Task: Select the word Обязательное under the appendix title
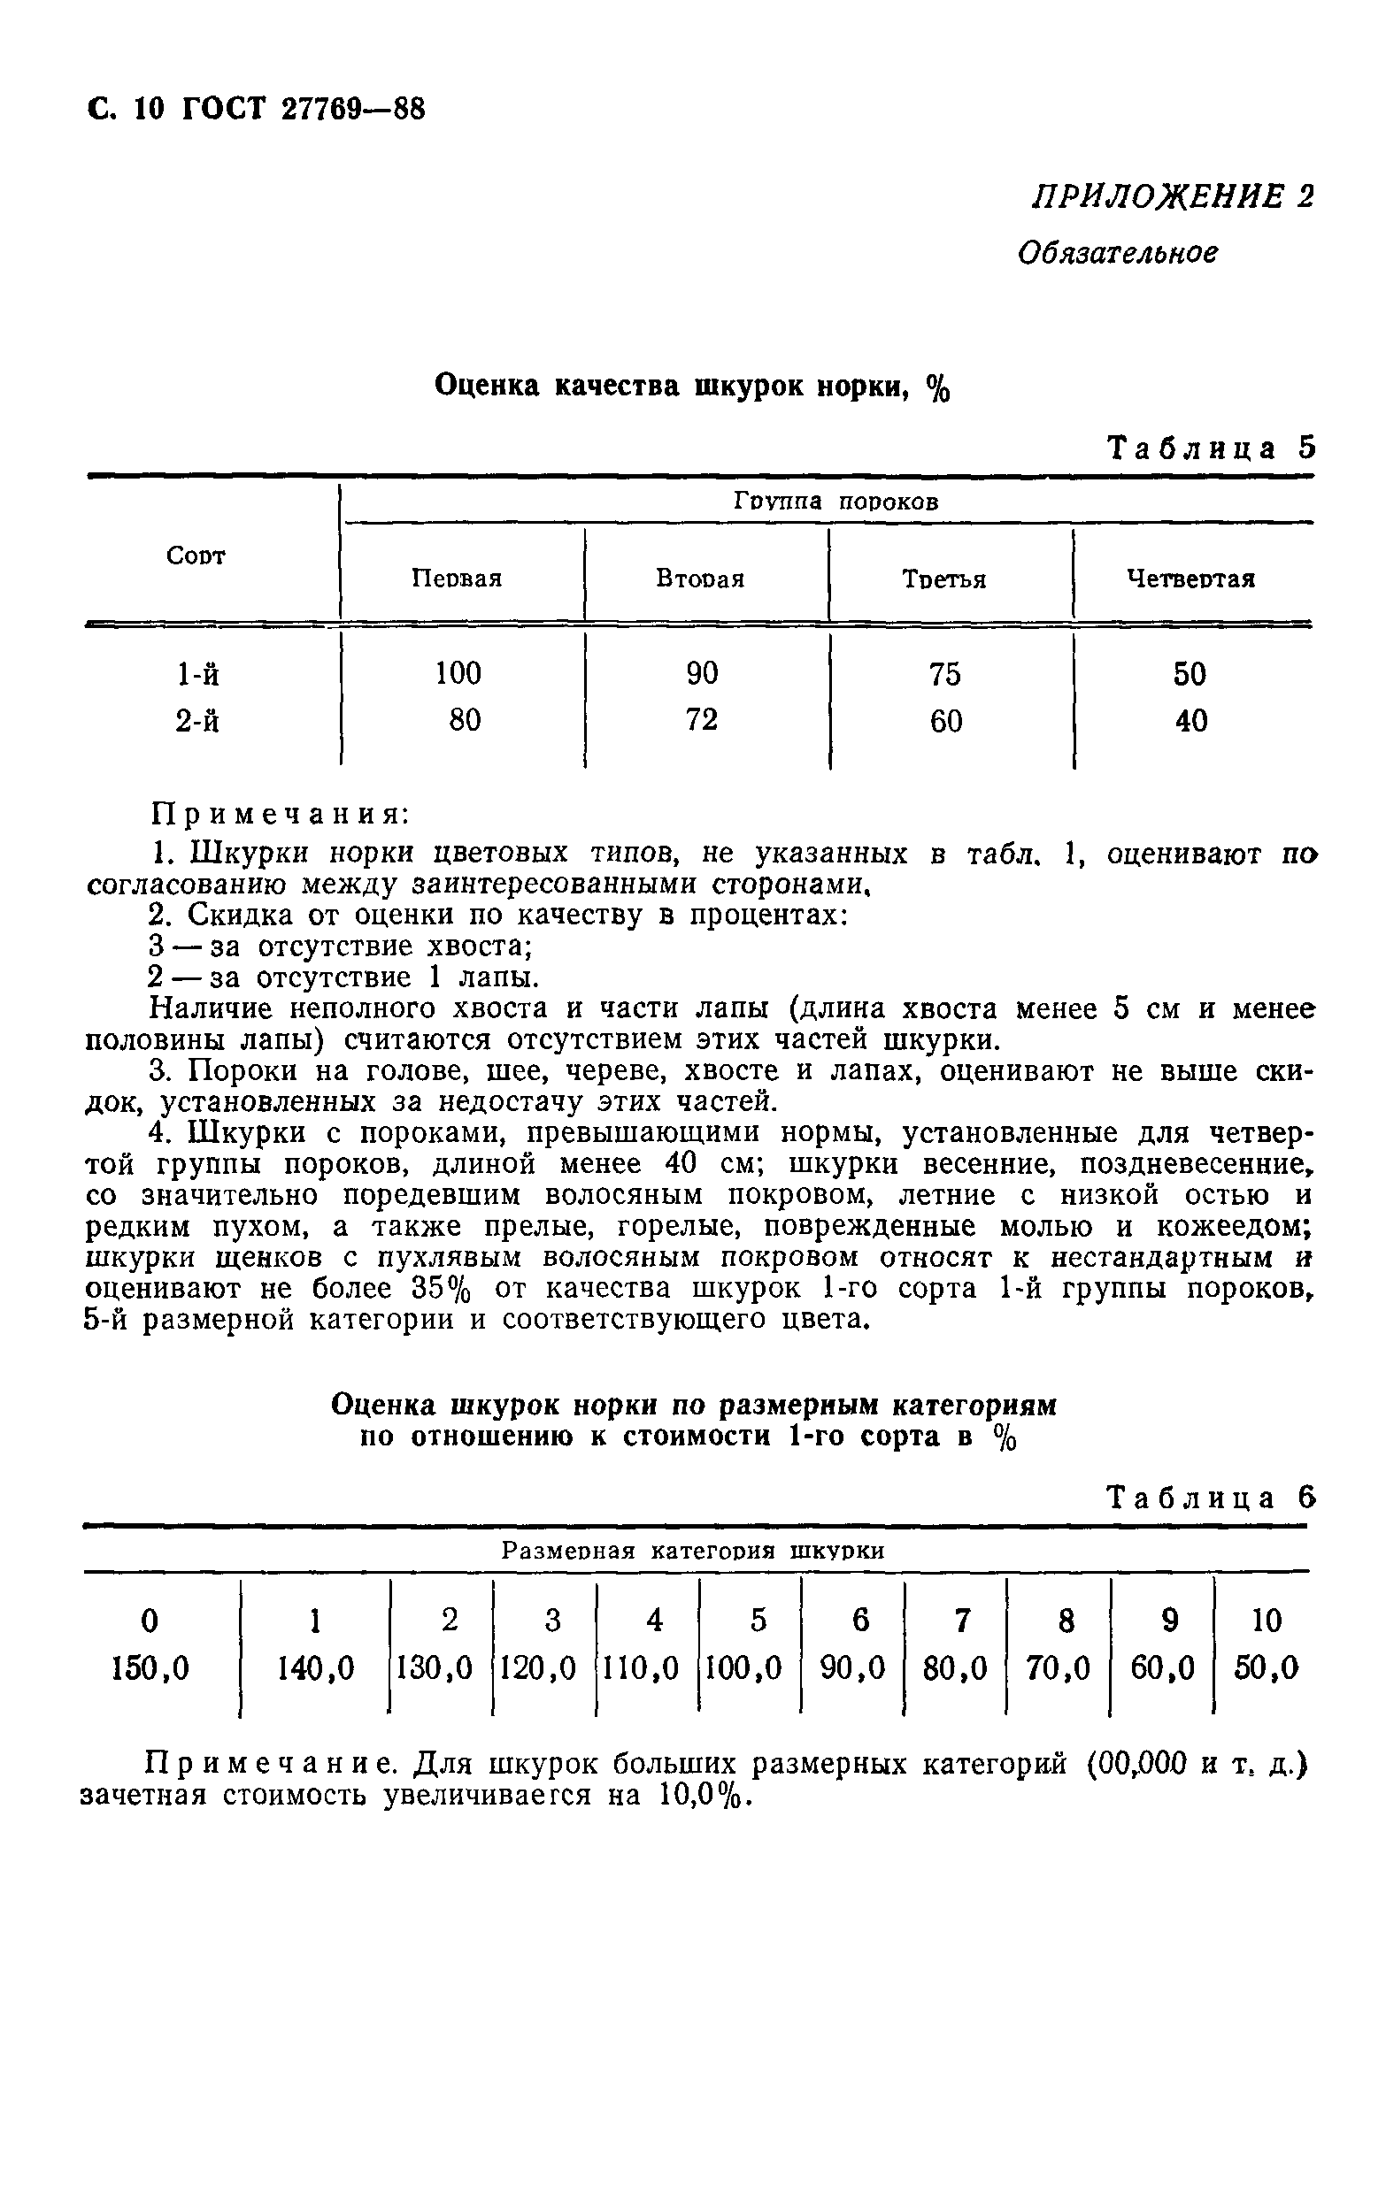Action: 1116,252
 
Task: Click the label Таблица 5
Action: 1210,448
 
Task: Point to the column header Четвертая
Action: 1190,579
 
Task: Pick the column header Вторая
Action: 700,579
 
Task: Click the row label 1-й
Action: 197,675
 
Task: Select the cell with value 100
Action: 458,674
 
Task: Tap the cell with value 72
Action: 701,721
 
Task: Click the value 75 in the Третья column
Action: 944,675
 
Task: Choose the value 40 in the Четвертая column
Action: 1190,722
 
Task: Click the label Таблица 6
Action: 1210,1498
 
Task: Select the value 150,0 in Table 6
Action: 150,1667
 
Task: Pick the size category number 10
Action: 1266,1621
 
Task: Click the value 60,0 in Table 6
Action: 1163,1667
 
